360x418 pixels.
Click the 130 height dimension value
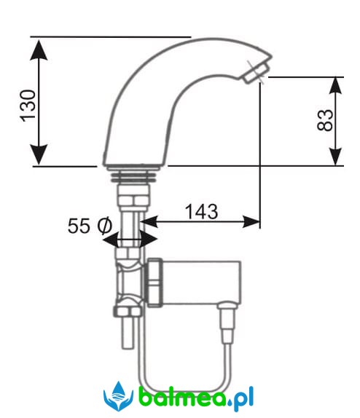pyautogui.click(x=28, y=106)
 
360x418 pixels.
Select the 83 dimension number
pyautogui.click(x=325, y=120)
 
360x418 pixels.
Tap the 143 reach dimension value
pyautogui.click(x=201, y=212)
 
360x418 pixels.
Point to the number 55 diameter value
pyautogui.click(x=79, y=226)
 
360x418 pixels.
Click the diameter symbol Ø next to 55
pyautogui.click(x=104, y=226)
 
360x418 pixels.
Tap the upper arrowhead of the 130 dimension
pyautogui.click(x=39, y=50)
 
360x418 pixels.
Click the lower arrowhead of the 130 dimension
pyautogui.click(x=39, y=154)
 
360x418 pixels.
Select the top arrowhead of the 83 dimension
pyautogui.click(x=335, y=85)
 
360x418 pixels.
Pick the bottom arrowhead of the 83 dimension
pyautogui.click(x=335, y=157)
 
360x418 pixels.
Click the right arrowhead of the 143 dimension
pyautogui.click(x=251, y=222)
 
